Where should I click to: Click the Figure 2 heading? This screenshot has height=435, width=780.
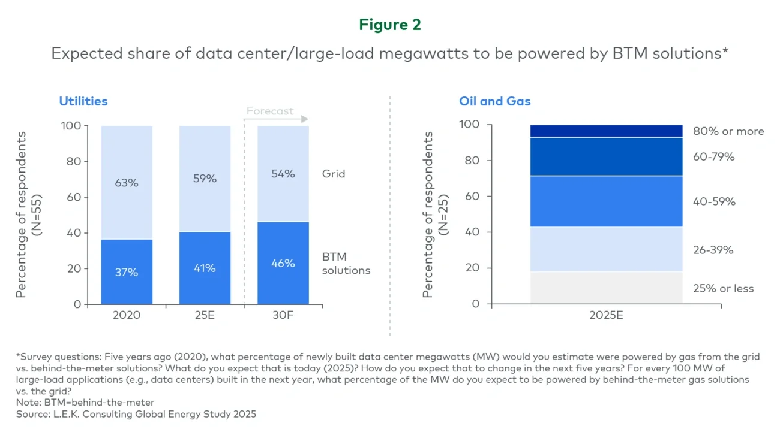[x=390, y=25]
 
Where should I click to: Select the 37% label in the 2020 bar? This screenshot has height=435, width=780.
[x=127, y=272]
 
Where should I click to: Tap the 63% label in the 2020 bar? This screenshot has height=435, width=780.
[x=127, y=183]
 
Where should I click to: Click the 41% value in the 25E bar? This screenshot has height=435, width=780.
[x=205, y=268]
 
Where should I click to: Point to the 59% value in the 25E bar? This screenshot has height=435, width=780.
[x=205, y=178]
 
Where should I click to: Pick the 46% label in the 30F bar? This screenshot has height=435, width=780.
[x=283, y=263]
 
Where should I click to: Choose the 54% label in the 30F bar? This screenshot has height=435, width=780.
[x=283, y=174]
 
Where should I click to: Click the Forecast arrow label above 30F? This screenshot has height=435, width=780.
[x=271, y=111]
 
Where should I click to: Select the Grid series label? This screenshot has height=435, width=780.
[x=334, y=174]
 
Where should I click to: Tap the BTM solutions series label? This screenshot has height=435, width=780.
[x=346, y=264]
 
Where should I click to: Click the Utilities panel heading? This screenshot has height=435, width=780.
[x=83, y=101]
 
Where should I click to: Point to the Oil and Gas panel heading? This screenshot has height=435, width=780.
[x=495, y=101]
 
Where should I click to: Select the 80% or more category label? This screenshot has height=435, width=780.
[x=728, y=131]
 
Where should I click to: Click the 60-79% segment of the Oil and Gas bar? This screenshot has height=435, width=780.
[x=606, y=156]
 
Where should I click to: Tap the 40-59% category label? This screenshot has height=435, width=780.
[x=714, y=202]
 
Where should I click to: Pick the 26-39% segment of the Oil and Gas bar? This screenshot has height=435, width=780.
[x=606, y=249]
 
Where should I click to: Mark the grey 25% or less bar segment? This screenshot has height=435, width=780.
[x=606, y=288]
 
